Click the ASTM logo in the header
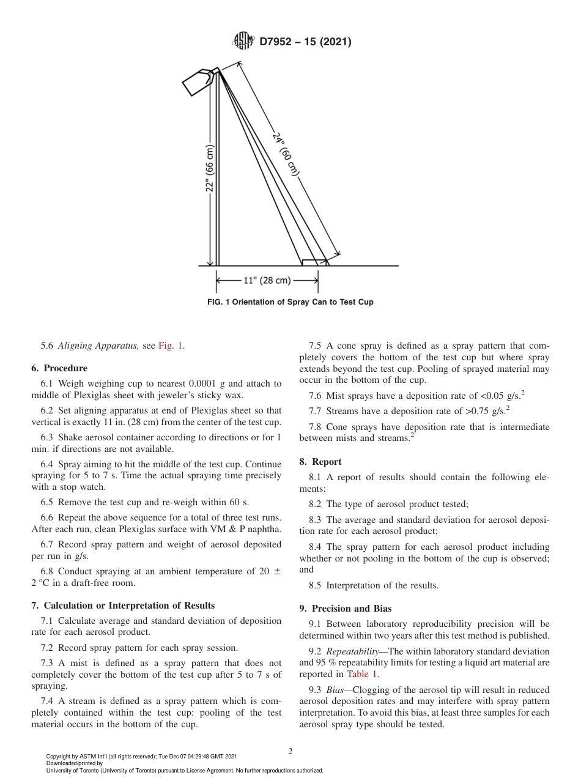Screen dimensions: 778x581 (x=243, y=42)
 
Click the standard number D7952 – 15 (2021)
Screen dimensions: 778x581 (x=305, y=42)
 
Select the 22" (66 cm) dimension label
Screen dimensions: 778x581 (x=209, y=168)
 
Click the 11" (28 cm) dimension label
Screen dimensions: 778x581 (x=267, y=281)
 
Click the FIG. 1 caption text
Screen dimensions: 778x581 (x=290, y=302)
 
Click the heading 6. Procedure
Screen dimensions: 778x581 (x=59, y=368)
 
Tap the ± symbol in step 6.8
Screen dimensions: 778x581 (x=277, y=571)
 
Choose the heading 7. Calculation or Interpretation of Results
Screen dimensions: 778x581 (x=123, y=606)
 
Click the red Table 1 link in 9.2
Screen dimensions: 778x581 (x=362, y=674)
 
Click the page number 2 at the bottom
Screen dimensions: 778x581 (x=290, y=752)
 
